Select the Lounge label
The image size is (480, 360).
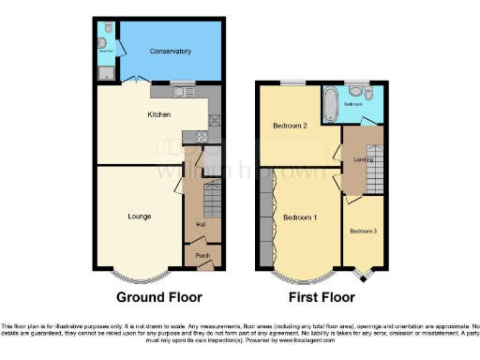pyautogui.click(x=140, y=216)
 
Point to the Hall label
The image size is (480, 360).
pyautogui.click(x=200, y=225)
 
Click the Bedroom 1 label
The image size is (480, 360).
pyautogui.click(x=299, y=217)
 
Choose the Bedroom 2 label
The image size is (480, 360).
pyautogui.click(x=291, y=125)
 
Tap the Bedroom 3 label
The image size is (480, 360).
pyautogui.click(x=363, y=231)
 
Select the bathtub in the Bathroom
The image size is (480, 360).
pyautogui.click(x=332, y=104)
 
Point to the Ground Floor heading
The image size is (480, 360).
pyautogui.click(x=158, y=298)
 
